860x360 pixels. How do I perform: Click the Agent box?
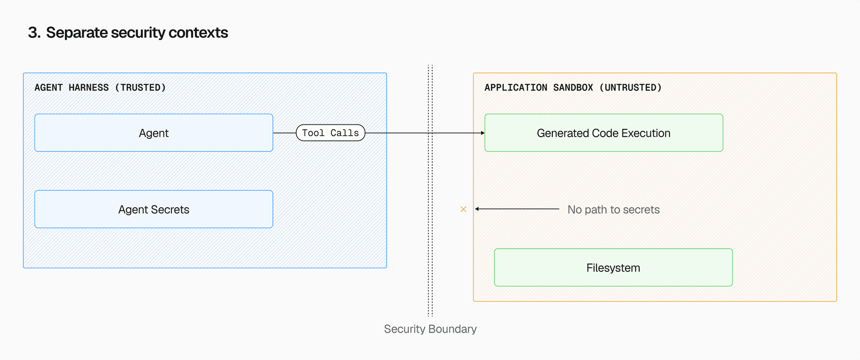[x=154, y=133]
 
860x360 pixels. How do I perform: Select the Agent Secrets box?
[x=154, y=210]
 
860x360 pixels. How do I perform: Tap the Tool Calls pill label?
[x=331, y=133]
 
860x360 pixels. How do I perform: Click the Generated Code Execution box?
[x=603, y=133]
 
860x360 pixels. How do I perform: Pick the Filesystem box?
[x=613, y=268]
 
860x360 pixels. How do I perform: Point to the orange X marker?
[x=464, y=209]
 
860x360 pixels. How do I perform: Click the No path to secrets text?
[x=613, y=210]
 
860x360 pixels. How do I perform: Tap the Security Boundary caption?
[x=430, y=329]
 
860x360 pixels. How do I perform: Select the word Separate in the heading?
[x=77, y=33]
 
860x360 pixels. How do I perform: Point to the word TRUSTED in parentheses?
[x=140, y=88]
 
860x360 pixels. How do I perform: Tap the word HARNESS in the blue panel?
[x=89, y=88]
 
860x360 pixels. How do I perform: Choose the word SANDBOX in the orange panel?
[x=573, y=88]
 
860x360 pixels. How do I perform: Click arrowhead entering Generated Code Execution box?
[x=482, y=133]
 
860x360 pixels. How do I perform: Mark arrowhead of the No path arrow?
[x=477, y=209]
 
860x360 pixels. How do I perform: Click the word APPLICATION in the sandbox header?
[x=516, y=88]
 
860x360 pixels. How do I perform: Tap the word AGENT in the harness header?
[x=48, y=88]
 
